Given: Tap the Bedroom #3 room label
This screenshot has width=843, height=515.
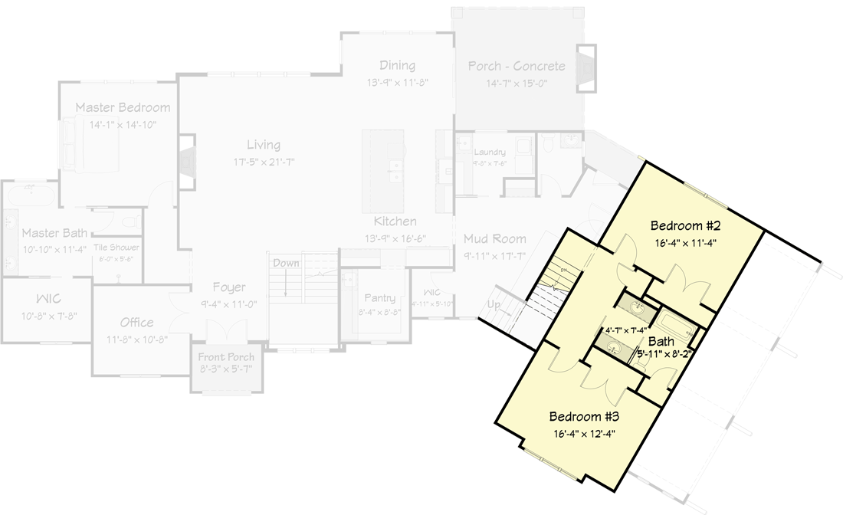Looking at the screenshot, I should [584, 417].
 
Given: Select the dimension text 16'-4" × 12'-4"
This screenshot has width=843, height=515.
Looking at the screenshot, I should [584, 433].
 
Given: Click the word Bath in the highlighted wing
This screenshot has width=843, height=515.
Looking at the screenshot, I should [661, 341].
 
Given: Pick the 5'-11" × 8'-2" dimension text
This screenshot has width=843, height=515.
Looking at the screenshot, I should [664, 354].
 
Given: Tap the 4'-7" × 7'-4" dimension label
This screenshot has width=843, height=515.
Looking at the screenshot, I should [626, 330].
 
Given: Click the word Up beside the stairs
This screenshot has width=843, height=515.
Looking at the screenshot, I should [495, 304].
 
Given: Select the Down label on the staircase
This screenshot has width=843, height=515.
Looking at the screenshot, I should [286, 263].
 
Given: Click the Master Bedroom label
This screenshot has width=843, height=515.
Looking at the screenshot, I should [123, 107].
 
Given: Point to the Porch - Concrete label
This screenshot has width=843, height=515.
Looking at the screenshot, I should [517, 66].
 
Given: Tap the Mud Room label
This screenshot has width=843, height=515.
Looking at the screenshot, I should [494, 239].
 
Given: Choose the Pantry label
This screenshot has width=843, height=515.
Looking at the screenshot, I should [379, 297].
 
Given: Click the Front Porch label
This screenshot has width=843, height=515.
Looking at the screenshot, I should [226, 357].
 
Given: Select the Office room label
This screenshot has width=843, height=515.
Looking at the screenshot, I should [136, 322].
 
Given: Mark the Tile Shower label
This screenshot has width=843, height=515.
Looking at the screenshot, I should [116, 248].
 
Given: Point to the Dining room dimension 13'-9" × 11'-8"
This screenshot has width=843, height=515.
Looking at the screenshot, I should [397, 81].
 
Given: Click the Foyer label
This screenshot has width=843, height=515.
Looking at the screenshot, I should [228, 287].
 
